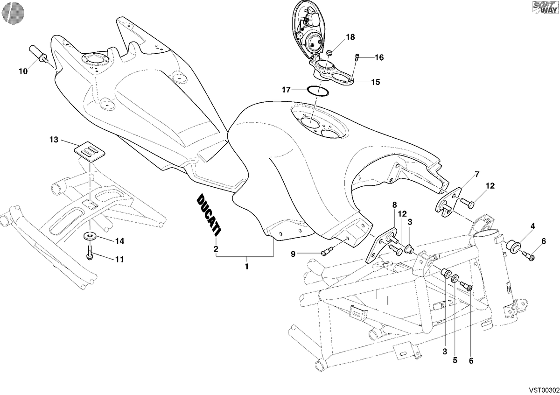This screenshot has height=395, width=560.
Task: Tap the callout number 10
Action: [x=23, y=71]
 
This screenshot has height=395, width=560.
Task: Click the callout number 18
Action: [x=350, y=37]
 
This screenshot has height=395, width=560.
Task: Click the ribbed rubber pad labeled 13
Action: [x=89, y=152]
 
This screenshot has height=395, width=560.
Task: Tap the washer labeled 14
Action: [x=90, y=236]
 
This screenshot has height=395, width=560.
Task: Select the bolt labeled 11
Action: [x=90, y=253]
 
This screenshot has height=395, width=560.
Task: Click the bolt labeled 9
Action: [x=327, y=251]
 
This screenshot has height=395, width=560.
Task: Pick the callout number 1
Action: [x=246, y=267]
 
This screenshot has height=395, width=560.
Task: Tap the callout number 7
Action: [x=477, y=174]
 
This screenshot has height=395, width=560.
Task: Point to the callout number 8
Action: [x=394, y=205]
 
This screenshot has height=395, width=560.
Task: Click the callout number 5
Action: [x=455, y=360]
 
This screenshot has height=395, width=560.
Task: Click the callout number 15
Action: [x=376, y=82]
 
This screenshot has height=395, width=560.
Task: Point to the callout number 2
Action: [x=216, y=249]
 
